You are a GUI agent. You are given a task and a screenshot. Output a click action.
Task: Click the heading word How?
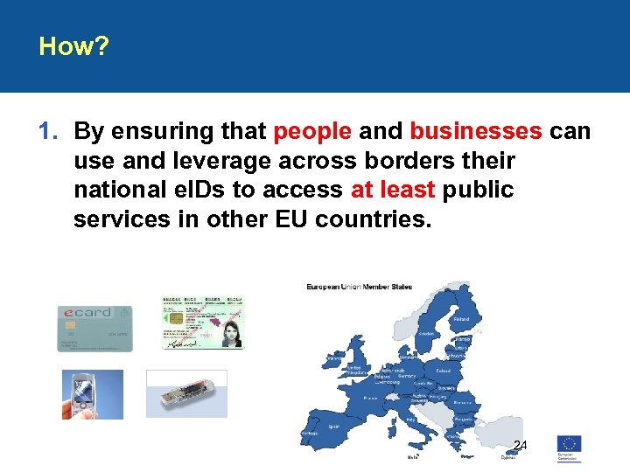73,46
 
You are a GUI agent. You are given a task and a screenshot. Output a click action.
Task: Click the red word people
312,131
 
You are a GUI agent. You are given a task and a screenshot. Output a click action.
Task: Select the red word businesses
475,131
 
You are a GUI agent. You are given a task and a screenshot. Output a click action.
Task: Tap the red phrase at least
393,189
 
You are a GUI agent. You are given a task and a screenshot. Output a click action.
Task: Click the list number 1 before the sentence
47,131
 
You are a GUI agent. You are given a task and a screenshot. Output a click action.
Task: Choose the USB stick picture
186,394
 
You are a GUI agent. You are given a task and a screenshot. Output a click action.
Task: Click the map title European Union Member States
359,287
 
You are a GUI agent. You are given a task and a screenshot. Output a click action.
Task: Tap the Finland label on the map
460,319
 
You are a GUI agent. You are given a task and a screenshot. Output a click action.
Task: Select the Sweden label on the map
426,333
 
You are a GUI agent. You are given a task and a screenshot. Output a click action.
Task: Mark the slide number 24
520,446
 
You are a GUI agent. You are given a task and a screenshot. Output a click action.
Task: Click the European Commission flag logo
569,443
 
